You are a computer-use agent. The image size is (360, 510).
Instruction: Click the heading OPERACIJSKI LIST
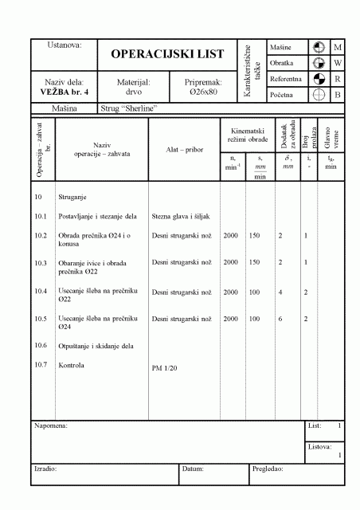167,54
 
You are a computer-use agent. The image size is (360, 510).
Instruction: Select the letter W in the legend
338,62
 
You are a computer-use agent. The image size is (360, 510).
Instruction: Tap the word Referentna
285,79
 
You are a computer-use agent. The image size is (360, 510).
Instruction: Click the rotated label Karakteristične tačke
253,72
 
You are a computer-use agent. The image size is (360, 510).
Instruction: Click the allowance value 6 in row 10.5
280,319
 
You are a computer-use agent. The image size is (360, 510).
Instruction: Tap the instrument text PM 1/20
165,369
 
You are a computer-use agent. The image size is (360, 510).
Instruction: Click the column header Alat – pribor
182,149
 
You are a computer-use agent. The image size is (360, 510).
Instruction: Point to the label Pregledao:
268,469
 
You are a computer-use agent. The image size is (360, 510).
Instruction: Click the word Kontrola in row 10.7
72,365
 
